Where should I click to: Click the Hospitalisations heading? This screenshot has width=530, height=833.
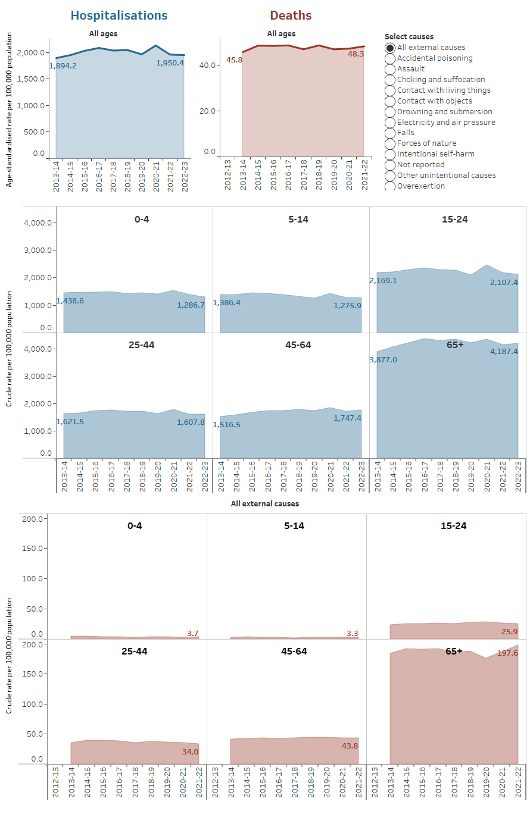119,15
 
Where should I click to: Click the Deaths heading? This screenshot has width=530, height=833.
291,15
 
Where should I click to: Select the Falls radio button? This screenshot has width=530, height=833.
390,133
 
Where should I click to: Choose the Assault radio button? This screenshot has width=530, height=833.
390,69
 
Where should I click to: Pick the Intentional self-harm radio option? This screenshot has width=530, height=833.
390,154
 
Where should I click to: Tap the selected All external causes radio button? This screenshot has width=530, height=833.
390,48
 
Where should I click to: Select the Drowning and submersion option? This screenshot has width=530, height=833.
390,112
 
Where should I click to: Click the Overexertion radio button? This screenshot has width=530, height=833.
390,186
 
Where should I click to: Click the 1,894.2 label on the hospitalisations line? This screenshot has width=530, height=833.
63,66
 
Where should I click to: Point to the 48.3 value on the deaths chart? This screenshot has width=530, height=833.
356,54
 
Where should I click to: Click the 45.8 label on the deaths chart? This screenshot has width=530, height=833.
234,60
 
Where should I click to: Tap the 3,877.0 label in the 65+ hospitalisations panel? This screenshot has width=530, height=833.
383,360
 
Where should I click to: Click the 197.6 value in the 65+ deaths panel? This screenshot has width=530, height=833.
507,653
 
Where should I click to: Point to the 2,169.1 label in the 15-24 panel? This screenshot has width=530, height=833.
383,281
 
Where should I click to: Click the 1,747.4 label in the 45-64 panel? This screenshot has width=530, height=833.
347,418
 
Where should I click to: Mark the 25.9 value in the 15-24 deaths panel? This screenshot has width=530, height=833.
509,632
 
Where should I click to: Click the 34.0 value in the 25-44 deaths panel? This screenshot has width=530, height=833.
190,752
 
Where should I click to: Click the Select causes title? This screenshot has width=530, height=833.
409,37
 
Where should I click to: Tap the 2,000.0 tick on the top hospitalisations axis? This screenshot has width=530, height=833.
30,53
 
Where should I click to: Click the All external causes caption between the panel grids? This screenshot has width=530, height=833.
265,504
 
